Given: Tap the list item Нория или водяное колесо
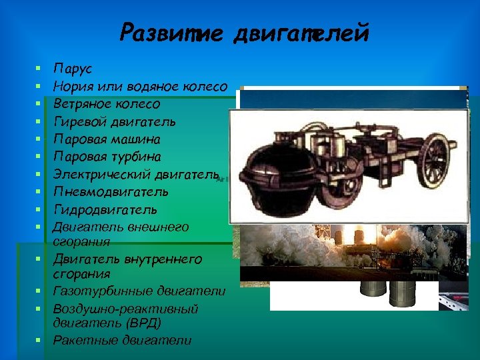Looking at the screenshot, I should (x=140, y=86).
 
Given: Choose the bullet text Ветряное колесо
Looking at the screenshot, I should (x=106, y=104).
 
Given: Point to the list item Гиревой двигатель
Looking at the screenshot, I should (x=114, y=121).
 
